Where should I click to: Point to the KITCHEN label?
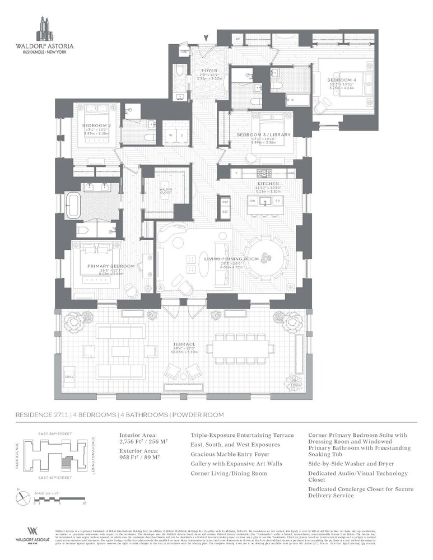point(264,184)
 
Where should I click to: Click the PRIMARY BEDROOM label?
point(111,265)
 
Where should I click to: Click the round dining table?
point(266,257)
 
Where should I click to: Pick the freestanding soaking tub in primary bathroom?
point(75,206)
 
